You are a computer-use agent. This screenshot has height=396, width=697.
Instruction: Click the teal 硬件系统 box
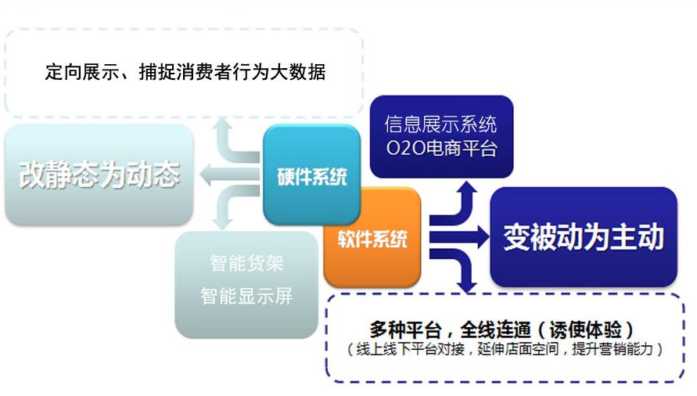click(x=311, y=175)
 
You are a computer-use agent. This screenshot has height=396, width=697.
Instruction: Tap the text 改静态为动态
click(x=99, y=174)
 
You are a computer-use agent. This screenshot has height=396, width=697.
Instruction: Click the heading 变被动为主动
click(x=584, y=236)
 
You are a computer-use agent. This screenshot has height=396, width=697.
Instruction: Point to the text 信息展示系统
click(x=440, y=124)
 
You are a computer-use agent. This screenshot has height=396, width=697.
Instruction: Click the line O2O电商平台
click(x=441, y=148)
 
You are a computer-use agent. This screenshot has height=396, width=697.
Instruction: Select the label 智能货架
click(x=246, y=262)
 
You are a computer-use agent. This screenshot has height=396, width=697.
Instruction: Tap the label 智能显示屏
click(x=246, y=296)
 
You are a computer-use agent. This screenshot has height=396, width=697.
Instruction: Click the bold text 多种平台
click(x=405, y=329)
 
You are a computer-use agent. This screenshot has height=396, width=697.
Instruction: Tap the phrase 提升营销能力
click(x=612, y=349)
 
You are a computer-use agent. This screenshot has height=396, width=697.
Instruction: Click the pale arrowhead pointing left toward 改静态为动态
click(x=206, y=175)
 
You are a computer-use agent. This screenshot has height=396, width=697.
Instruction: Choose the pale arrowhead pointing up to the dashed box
click(x=223, y=124)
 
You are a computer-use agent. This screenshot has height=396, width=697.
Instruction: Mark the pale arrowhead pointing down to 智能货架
click(x=223, y=224)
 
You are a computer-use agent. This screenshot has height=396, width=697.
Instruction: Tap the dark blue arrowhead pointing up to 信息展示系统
click(x=467, y=187)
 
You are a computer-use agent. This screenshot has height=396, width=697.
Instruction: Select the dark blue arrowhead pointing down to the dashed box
click(x=467, y=286)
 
